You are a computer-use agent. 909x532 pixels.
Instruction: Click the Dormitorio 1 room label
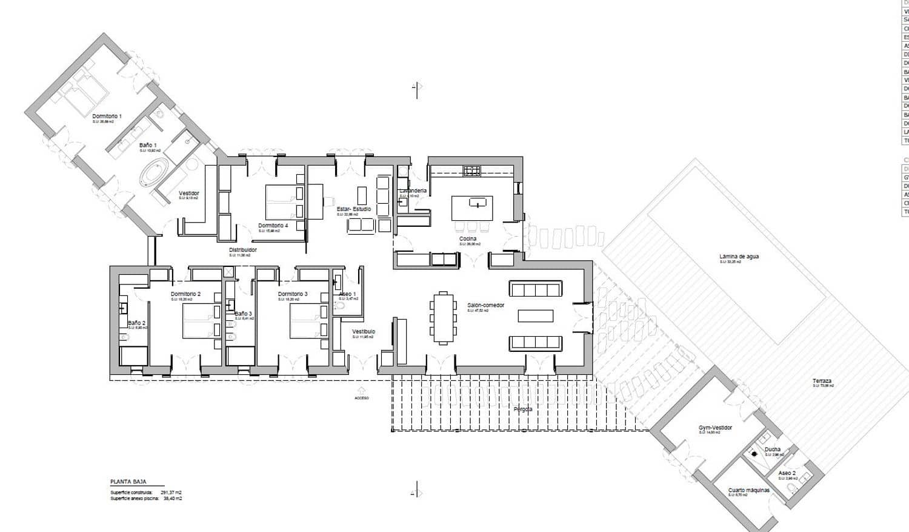point(107,116)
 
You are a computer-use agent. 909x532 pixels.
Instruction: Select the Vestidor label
point(188,194)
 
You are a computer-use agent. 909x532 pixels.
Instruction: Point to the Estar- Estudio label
point(354,209)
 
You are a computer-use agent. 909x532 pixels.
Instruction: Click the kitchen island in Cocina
point(471,207)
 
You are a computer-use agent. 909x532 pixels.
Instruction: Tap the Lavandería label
point(413,190)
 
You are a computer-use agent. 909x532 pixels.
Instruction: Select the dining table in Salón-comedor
point(443,318)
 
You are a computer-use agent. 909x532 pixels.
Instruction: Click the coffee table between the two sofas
point(536,315)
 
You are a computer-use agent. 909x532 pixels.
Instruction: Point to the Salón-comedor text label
point(485,305)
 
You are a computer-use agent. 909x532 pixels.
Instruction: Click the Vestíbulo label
point(364,332)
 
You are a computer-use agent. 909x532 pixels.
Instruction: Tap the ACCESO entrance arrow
point(362,390)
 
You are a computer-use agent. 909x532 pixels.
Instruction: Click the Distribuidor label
point(242,250)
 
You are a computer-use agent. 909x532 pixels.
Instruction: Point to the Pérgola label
point(522,409)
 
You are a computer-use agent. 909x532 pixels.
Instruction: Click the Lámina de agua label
point(739,257)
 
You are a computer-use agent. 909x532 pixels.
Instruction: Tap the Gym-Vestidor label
point(715,428)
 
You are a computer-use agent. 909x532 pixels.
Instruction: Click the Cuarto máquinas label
point(748,490)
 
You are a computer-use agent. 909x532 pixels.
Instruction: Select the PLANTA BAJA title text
point(128,482)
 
